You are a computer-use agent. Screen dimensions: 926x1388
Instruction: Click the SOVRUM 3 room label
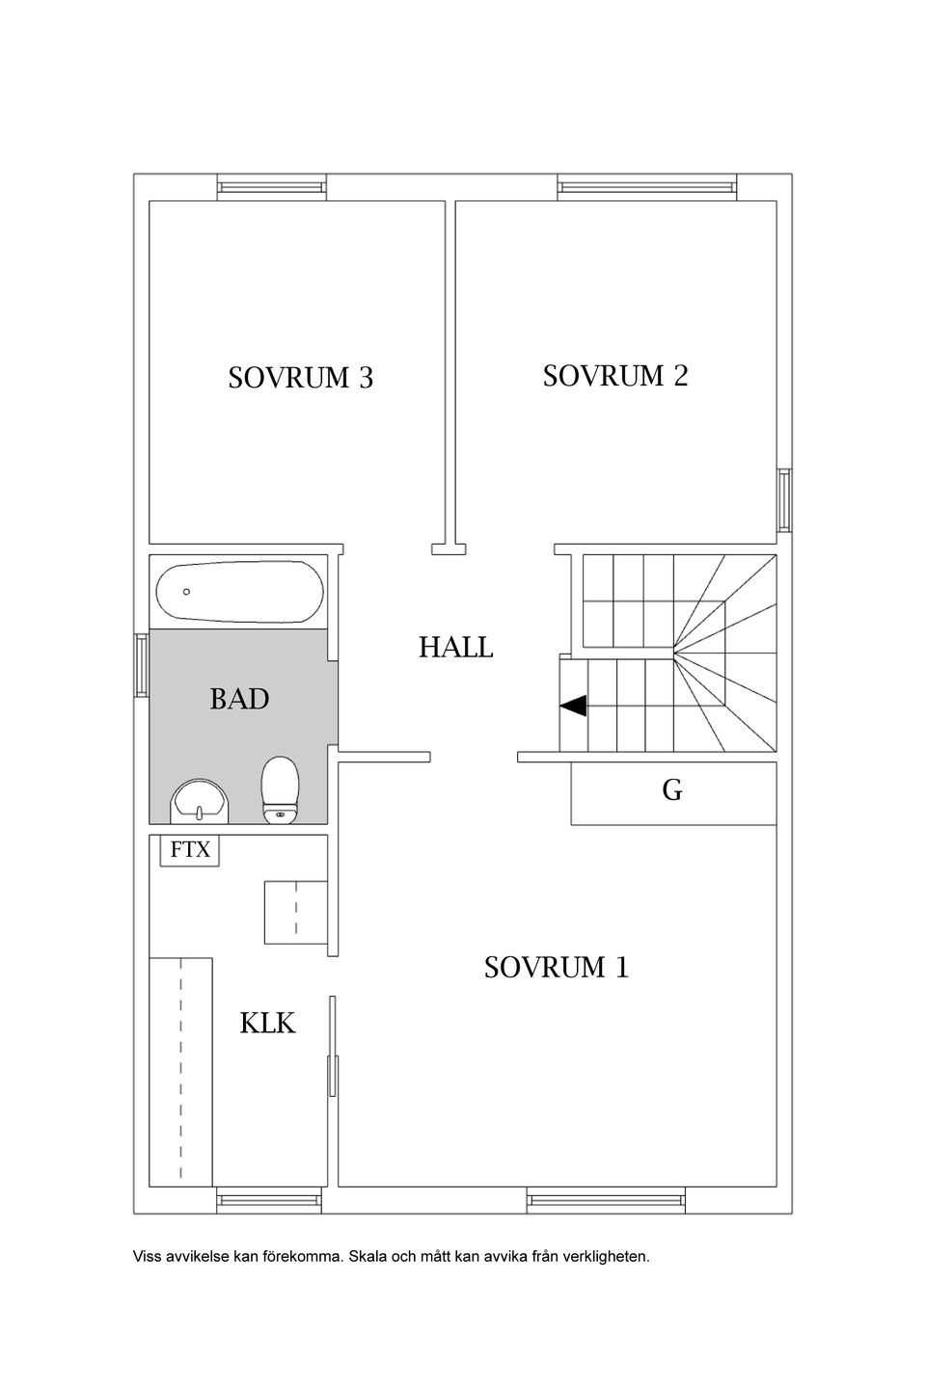pyautogui.click(x=301, y=378)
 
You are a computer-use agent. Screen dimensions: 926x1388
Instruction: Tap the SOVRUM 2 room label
pyautogui.click(x=615, y=376)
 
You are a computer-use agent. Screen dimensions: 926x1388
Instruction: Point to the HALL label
pyautogui.click(x=456, y=648)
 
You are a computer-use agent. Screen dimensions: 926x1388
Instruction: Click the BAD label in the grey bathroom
pyautogui.click(x=239, y=699)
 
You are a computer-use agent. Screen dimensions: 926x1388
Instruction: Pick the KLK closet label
pyautogui.click(x=267, y=1023)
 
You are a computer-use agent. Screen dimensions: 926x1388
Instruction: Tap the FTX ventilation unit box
pyautogui.click(x=190, y=850)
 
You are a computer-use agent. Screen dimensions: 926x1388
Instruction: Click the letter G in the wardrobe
pyautogui.click(x=672, y=790)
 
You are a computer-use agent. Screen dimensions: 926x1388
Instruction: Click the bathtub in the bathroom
pyautogui.click(x=239, y=592)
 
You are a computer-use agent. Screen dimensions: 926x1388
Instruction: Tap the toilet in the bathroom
pyautogui.click(x=281, y=790)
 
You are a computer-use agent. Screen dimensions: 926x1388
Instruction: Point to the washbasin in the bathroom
pyautogui.click(x=199, y=802)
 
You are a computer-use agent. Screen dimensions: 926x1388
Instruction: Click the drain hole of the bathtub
pyautogui.click(x=187, y=592)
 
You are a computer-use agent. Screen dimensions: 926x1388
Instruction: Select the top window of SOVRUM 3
pyautogui.click(x=272, y=187)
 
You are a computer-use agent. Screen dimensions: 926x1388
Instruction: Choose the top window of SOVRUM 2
pyautogui.click(x=647, y=187)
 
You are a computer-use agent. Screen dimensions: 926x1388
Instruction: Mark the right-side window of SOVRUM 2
pyautogui.click(x=784, y=500)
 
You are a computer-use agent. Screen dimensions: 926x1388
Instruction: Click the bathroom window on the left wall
pyautogui.click(x=142, y=664)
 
